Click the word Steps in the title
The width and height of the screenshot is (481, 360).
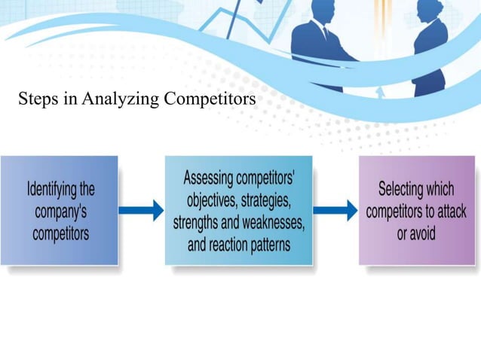coord(37,99)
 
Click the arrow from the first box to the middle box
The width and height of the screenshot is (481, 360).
coord(141,210)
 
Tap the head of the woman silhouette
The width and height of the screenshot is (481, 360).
coord(432,10)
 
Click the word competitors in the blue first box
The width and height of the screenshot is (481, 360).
coord(61,233)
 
